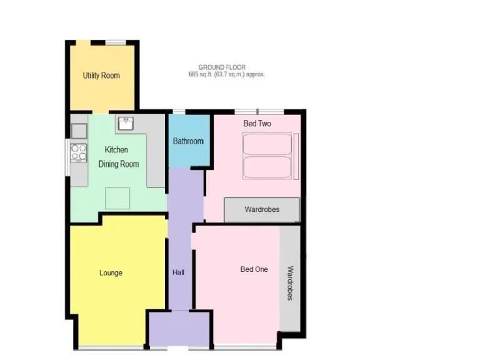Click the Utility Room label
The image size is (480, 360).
pos(101,76)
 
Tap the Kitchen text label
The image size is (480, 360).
pos(116,150)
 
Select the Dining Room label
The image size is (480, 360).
pos(119,164)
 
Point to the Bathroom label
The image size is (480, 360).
pos(188,141)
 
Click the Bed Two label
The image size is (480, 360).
pos(257,124)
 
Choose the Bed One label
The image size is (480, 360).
pos(254,269)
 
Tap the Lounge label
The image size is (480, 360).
pos(111,273)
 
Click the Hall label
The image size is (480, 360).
pos(178,272)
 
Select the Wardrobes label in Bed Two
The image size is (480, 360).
pos(262,209)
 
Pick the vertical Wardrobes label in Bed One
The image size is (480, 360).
pos(290,283)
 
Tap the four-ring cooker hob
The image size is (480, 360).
pos(79,152)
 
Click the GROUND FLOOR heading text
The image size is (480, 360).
pos(222,67)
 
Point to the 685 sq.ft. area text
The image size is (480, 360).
pos(227,74)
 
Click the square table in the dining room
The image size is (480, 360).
pos(117,199)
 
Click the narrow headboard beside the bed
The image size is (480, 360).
pos(296,156)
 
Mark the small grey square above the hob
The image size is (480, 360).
pos(79,131)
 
